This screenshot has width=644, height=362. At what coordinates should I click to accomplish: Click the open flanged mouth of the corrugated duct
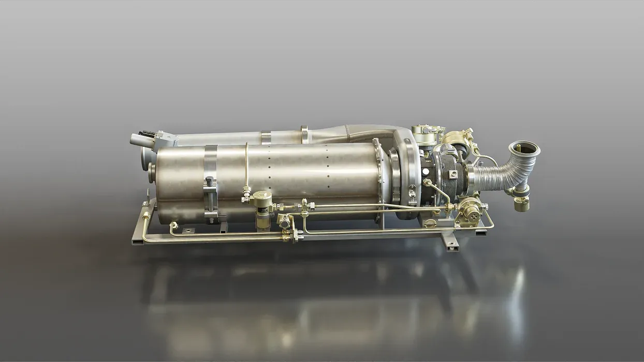pyautogui.click(x=524, y=149)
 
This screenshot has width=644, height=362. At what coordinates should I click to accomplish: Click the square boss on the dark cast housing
pyautogui.click(x=453, y=174)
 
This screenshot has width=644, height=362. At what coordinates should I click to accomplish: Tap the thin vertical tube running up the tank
pyautogui.click(x=246, y=165)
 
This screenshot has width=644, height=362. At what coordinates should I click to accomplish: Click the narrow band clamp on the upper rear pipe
pyautogui.click(x=266, y=138)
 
